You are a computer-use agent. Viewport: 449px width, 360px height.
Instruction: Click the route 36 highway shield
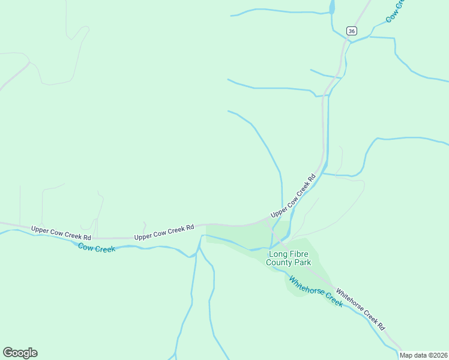(x=352, y=31)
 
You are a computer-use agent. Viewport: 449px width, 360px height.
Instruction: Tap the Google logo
(x=20, y=353)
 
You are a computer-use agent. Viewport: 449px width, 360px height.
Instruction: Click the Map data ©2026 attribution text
(x=423, y=355)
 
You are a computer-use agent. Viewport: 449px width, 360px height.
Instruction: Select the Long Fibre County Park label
(x=289, y=258)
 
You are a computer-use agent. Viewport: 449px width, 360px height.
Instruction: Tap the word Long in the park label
(x=277, y=254)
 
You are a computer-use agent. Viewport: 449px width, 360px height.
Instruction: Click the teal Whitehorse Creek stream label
(x=316, y=291)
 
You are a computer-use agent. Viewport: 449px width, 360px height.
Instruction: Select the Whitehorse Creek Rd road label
(x=360, y=308)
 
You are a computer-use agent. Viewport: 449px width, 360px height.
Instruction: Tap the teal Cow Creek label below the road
(x=97, y=248)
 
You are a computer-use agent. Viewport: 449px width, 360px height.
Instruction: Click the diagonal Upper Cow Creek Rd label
(x=293, y=196)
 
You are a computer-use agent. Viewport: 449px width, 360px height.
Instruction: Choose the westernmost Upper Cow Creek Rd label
(x=61, y=229)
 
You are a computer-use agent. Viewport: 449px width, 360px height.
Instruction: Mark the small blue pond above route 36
(x=332, y=7)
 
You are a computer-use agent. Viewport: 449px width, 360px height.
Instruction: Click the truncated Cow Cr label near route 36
(x=396, y=10)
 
